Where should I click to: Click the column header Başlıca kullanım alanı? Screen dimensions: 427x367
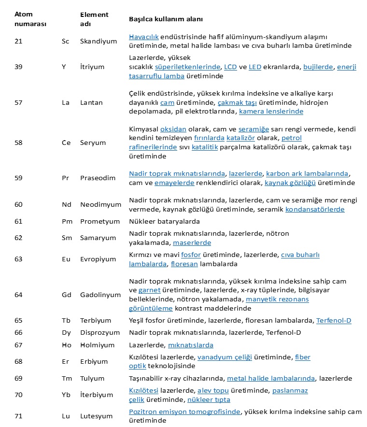click(165, 19)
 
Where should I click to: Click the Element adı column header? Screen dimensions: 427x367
click(94, 19)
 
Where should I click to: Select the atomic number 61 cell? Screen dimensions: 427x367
click(19, 221)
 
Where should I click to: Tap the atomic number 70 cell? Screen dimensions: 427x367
click(19, 395)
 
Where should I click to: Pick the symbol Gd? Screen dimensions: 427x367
click(66, 295)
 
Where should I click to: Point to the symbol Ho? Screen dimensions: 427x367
click(66, 345)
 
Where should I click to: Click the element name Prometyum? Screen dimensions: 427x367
click(99, 221)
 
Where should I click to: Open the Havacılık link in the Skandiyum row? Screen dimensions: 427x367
click(143, 37)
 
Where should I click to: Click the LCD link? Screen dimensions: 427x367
click(230, 67)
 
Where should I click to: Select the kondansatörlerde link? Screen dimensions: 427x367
click(315, 210)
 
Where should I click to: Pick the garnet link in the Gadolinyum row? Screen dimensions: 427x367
click(149, 290)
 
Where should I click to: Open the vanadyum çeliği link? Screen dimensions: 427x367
click(225, 357)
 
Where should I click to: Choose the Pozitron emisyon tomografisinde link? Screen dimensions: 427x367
click(184, 412)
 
